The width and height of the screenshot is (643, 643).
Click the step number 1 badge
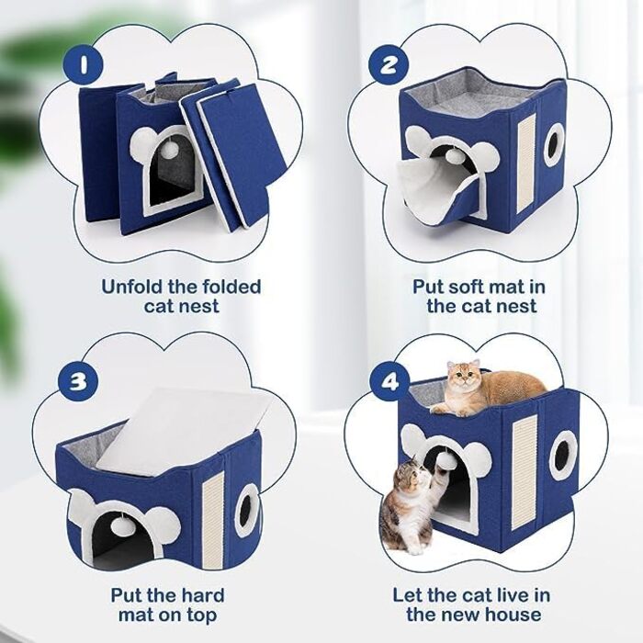click(84, 64)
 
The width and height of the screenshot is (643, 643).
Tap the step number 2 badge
click(388, 64)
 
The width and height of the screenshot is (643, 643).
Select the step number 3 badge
click(78, 381)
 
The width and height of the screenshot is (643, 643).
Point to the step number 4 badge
click(389, 382)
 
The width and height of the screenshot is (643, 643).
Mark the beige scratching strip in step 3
click(213, 520)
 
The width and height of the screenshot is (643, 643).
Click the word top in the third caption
click(199, 616)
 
